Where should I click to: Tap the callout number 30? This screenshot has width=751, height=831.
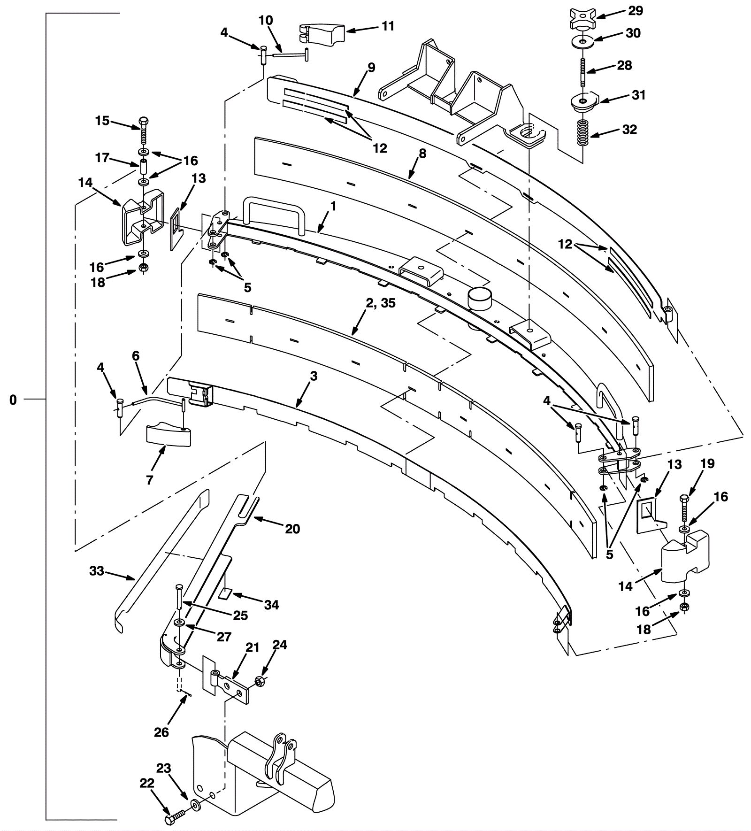pos(633,33)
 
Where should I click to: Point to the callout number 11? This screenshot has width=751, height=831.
pos(388,26)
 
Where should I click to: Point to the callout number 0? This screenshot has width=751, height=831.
pos(13,400)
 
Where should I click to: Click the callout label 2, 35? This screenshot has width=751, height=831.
pos(381,303)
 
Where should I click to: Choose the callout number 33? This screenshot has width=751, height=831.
pos(96,571)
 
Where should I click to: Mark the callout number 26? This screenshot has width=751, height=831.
pos(161,732)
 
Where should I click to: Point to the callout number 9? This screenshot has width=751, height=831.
pos(371,68)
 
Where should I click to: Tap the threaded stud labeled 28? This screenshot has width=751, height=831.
pos(582,71)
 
